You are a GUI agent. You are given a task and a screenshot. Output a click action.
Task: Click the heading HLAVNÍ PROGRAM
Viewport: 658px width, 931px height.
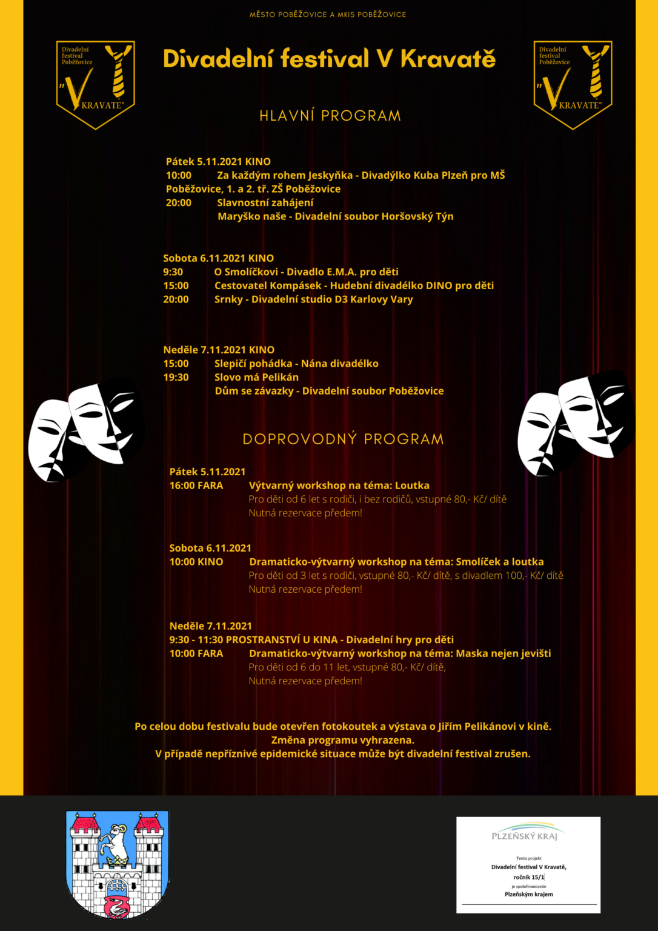click(330, 116)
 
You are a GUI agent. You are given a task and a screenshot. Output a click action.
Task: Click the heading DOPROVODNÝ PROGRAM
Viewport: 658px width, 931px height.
click(343, 439)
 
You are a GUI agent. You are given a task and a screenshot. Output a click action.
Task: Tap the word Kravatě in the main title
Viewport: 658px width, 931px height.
click(448, 59)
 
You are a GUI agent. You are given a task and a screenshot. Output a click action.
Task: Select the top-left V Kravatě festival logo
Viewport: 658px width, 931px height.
click(96, 84)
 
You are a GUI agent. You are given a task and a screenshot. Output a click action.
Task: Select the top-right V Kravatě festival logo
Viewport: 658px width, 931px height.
click(573, 84)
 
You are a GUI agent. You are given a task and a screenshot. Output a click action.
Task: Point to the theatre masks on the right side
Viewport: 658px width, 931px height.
click(576, 421)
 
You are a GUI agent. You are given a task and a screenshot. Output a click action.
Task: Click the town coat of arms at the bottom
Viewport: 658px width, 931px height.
click(118, 863)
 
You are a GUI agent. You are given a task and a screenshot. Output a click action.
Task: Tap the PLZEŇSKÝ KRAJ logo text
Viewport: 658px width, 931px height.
click(525, 836)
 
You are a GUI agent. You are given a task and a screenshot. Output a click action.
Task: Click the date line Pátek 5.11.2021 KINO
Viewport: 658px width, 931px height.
click(218, 162)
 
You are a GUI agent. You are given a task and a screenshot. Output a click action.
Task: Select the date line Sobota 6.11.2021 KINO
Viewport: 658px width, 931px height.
click(218, 258)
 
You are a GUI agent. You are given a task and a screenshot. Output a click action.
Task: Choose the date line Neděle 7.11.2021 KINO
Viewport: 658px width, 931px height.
click(219, 350)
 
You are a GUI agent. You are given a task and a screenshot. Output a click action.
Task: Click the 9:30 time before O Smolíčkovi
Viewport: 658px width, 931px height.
click(173, 272)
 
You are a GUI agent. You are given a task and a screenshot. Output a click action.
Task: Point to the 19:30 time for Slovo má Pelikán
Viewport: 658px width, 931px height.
click(176, 377)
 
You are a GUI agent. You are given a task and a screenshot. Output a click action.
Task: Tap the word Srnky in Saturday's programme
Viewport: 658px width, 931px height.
click(228, 299)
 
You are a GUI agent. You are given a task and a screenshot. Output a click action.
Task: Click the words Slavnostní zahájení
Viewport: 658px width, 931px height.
click(265, 202)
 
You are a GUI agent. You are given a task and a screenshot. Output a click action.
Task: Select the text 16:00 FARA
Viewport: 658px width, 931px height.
click(196, 486)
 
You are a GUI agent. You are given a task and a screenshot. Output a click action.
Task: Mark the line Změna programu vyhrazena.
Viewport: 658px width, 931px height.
click(342, 740)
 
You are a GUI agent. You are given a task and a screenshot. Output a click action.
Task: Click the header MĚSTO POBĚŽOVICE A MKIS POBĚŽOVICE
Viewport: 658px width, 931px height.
click(328, 15)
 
